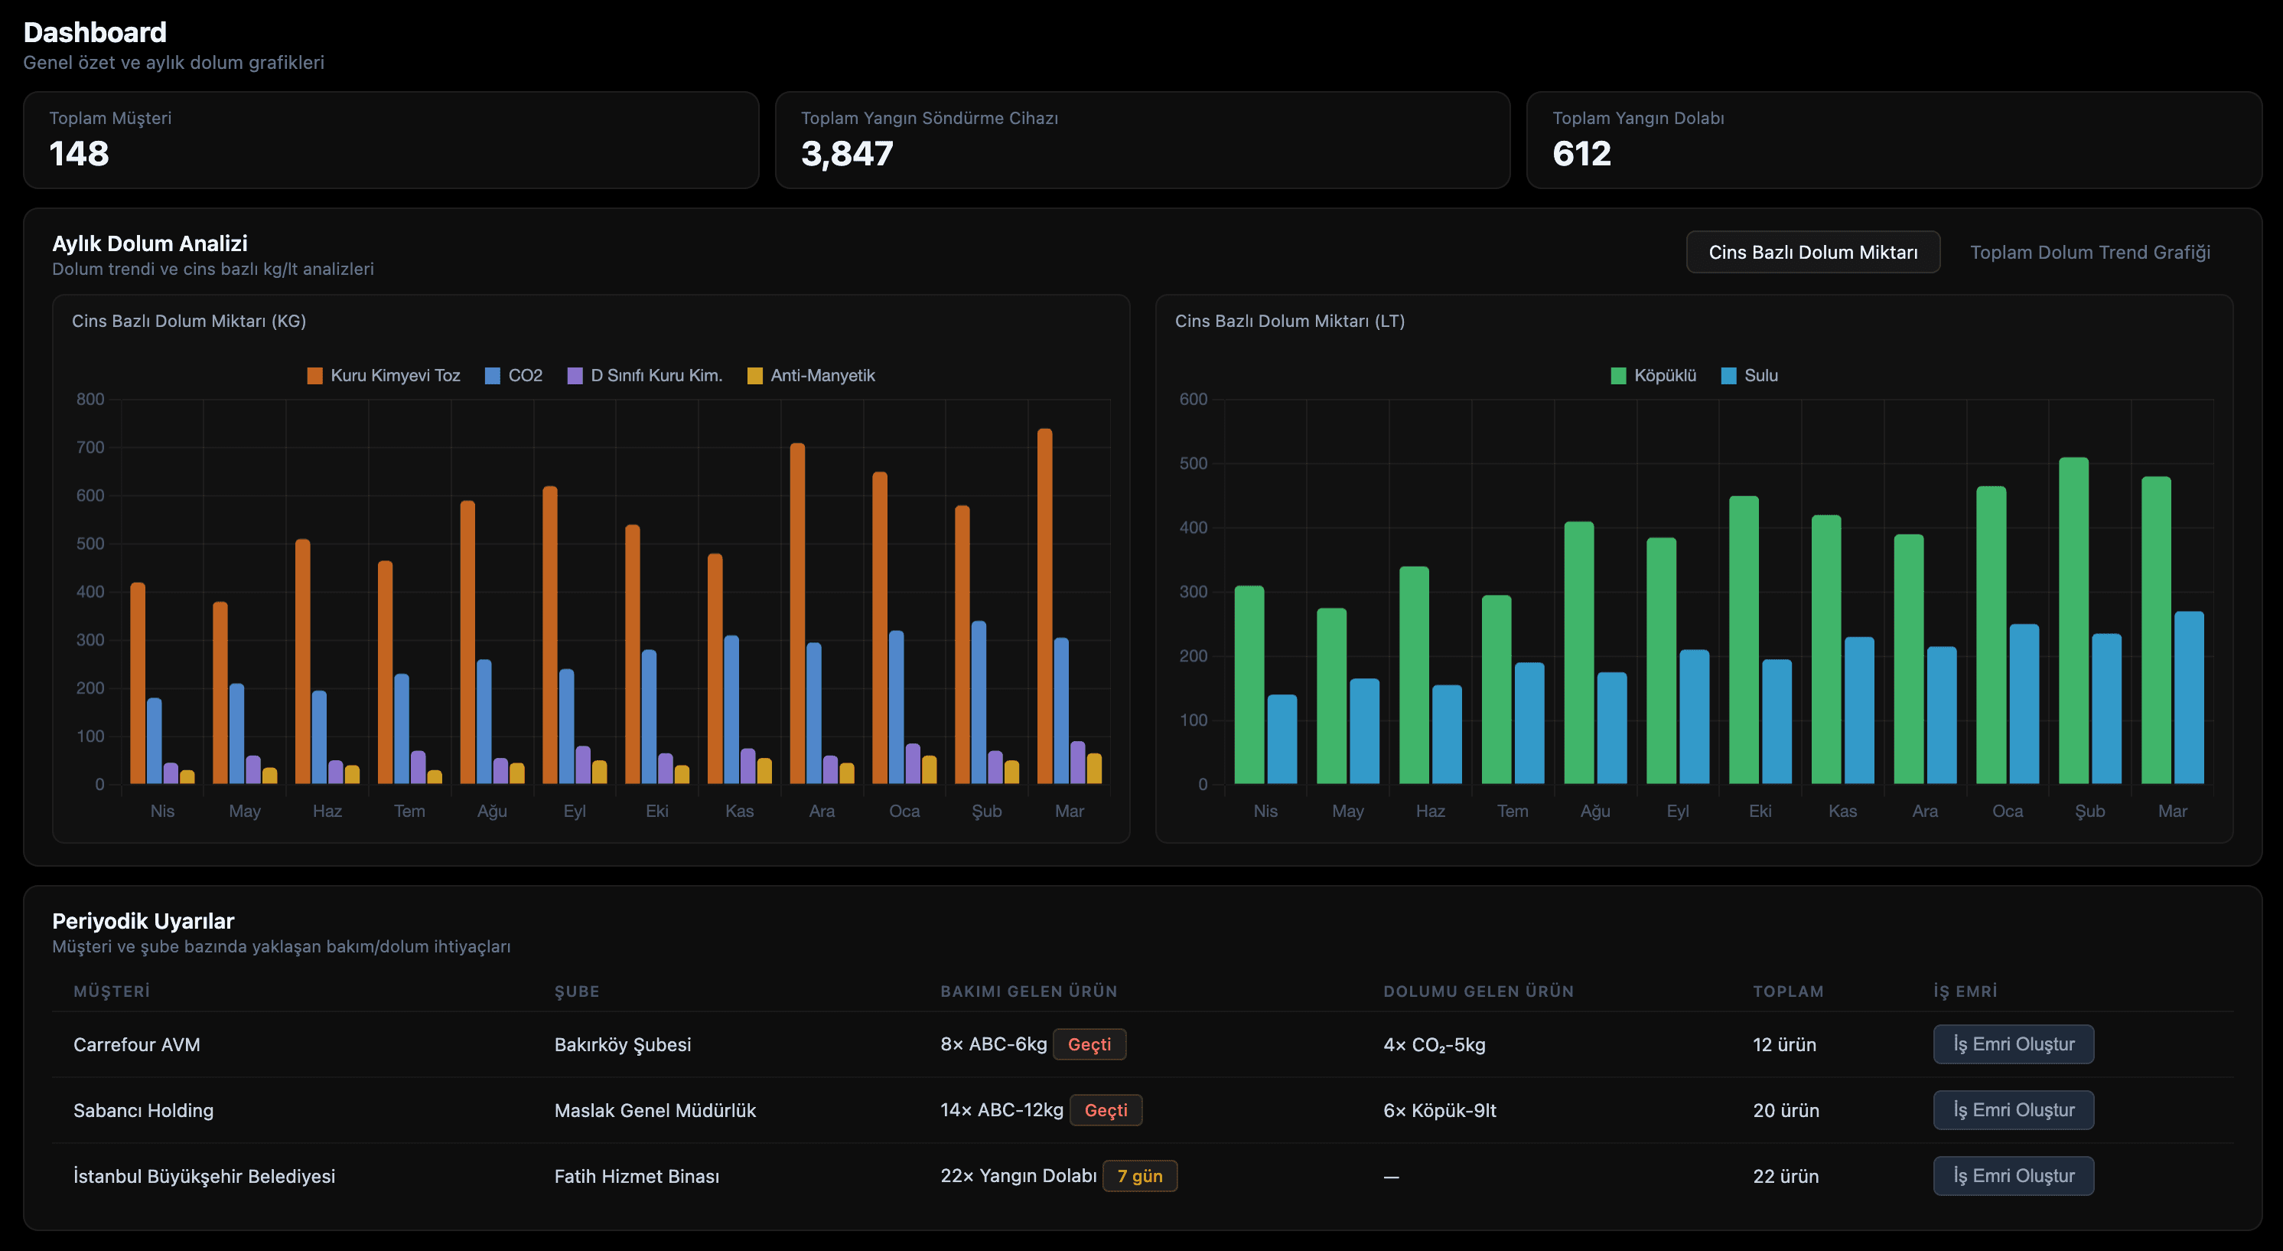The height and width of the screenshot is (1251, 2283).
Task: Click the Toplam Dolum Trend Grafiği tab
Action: click(2089, 253)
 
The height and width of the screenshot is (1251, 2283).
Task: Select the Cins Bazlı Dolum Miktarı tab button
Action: click(1812, 253)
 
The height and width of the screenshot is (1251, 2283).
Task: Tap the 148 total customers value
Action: click(79, 154)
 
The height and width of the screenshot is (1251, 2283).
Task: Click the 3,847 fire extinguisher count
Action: click(846, 154)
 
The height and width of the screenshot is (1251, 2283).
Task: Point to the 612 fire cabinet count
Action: click(1581, 154)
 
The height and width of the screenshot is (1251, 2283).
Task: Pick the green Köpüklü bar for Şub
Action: click(2073, 621)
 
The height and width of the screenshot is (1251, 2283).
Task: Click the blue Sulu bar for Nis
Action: click(1282, 740)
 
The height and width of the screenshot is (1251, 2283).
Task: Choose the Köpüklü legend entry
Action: click(1654, 376)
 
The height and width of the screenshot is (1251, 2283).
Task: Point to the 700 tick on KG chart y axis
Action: click(90, 448)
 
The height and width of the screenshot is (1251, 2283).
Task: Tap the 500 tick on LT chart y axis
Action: click(1193, 464)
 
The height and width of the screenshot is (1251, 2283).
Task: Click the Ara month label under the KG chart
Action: click(822, 812)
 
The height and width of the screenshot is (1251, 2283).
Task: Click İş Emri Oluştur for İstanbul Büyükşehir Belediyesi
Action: click(2013, 1176)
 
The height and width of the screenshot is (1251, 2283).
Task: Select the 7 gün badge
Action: click(1139, 1176)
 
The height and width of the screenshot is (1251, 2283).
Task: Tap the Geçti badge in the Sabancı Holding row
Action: click(1106, 1110)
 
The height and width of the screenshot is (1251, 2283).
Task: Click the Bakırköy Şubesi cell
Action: click(622, 1044)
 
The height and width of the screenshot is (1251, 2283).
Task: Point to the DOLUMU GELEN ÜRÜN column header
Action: click(1477, 991)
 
